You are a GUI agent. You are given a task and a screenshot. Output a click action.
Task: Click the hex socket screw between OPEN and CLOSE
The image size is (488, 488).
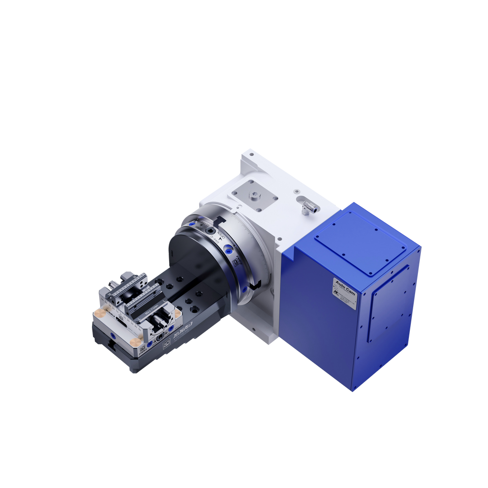coord(210,231)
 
